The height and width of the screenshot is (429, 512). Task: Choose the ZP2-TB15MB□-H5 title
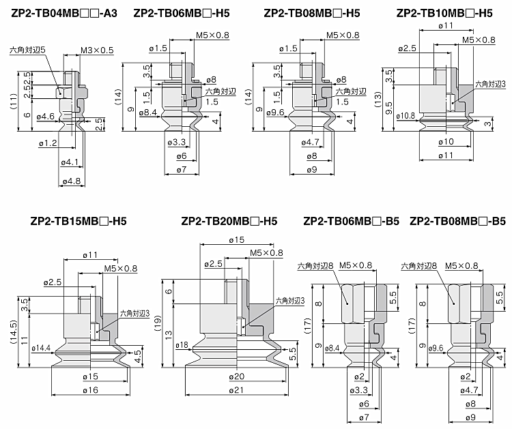pyautogui.click(x=79, y=221)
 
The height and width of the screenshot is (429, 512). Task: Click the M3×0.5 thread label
pyautogui.click(x=97, y=50)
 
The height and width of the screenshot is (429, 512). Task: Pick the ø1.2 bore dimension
pyautogui.click(x=48, y=143)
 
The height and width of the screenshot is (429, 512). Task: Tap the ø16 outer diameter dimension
pyautogui.click(x=90, y=389)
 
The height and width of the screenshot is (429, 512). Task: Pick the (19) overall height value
pyautogui.click(x=156, y=321)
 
